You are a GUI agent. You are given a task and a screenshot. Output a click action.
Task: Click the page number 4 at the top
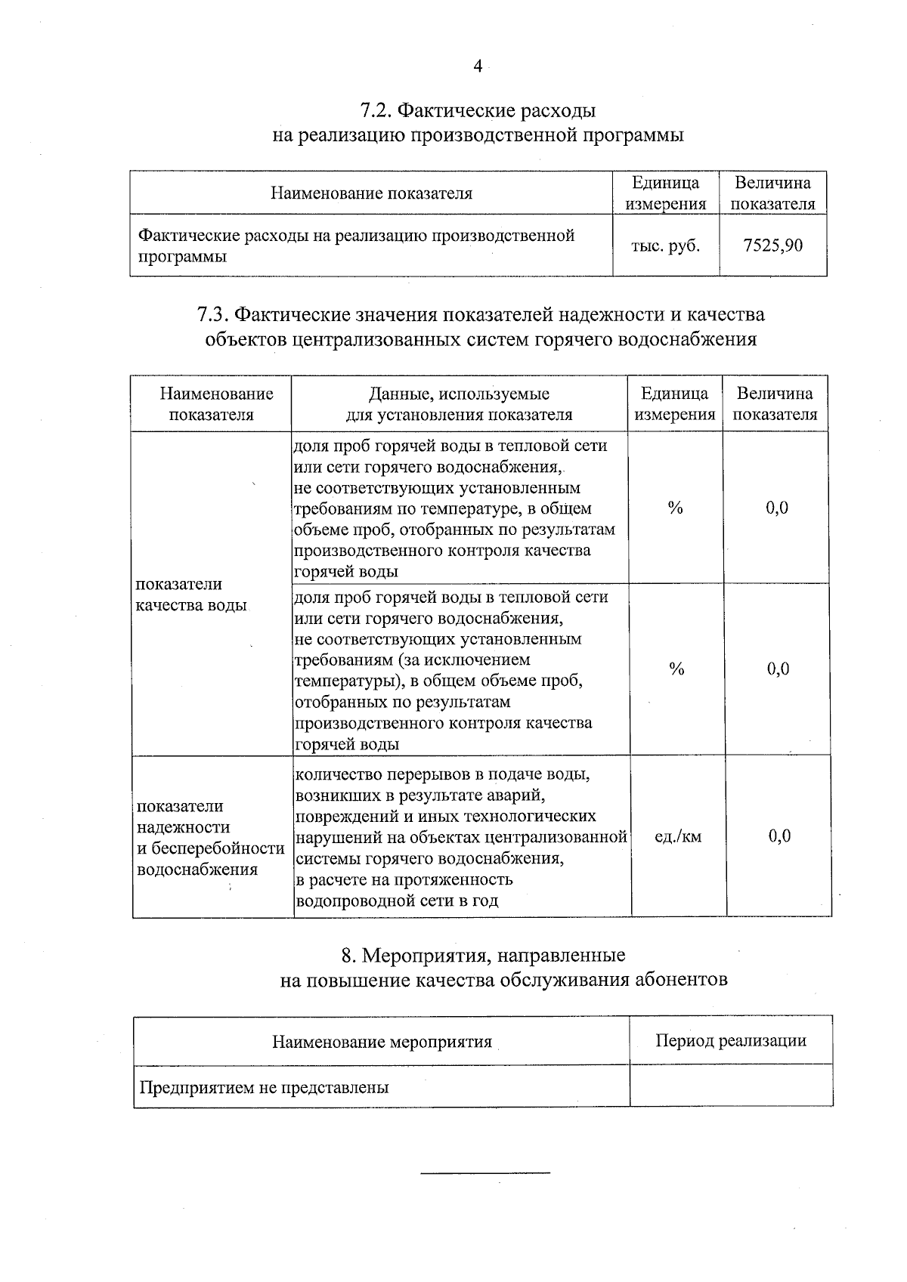(477, 66)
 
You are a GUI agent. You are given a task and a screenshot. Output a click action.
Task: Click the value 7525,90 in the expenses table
(772, 245)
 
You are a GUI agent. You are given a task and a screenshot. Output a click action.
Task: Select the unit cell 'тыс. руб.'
(665, 246)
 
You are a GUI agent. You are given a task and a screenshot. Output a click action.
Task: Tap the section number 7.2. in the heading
(375, 111)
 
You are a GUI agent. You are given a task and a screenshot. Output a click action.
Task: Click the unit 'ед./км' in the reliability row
(677, 836)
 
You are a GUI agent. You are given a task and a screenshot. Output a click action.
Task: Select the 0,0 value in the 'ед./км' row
(779, 836)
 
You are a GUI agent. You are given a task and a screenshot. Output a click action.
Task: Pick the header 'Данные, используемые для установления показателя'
(459, 404)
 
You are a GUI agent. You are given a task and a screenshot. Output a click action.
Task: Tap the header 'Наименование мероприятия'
(382, 1043)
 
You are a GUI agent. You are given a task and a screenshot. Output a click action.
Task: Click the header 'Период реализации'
(730, 1041)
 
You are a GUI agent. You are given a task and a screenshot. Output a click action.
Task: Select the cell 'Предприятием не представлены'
(264, 1088)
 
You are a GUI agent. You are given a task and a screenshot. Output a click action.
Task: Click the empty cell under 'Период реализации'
(730, 1086)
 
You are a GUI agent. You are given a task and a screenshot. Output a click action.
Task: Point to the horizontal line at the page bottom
(484, 1173)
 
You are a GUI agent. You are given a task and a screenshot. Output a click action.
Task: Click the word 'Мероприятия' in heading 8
(420, 956)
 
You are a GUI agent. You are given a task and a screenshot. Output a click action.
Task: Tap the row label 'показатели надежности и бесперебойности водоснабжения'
(209, 837)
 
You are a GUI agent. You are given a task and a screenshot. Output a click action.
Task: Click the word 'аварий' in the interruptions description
(519, 795)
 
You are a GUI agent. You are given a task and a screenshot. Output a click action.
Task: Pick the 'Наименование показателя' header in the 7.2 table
(371, 193)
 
